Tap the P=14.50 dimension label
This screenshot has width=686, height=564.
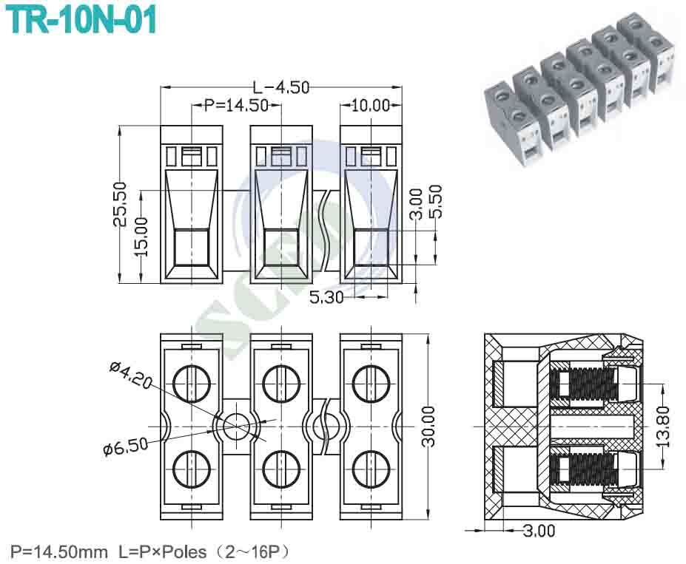(236, 105)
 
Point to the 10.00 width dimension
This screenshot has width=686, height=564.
(370, 105)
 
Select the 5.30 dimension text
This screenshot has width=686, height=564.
(325, 297)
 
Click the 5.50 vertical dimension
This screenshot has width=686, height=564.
(436, 200)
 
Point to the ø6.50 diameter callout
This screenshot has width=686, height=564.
(125, 446)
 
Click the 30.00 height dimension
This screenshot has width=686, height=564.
(428, 426)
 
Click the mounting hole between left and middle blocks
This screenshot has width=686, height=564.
(237, 425)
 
